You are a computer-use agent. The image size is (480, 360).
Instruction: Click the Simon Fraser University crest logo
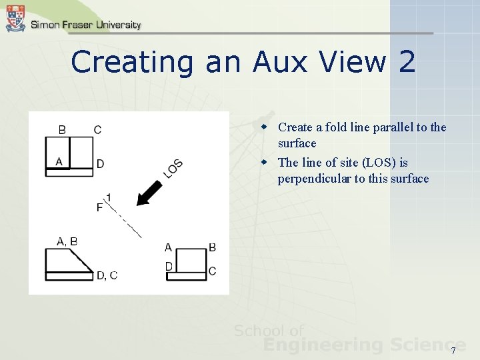click(x=15, y=18)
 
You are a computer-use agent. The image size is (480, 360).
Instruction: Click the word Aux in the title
click(x=281, y=63)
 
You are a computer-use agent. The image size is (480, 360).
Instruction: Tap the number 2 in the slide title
click(x=406, y=63)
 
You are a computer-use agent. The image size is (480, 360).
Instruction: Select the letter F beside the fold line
click(x=99, y=207)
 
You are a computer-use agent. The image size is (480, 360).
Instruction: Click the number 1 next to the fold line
click(x=108, y=197)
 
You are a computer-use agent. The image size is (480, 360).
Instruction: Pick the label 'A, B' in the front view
click(x=67, y=241)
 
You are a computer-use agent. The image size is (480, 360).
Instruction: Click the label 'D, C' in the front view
click(x=107, y=275)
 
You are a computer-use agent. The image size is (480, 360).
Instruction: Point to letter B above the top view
click(x=62, y=129)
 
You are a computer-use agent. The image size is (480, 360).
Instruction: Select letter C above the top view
click(x=97, y=129)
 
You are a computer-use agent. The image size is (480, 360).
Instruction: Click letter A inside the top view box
click(x=59, y=161)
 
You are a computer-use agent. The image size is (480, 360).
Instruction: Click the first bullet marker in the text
click(x=264, y=127)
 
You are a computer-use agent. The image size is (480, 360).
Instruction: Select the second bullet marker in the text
click(x=264, y=162)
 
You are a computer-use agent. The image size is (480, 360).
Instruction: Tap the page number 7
click(x=453, y=351)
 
